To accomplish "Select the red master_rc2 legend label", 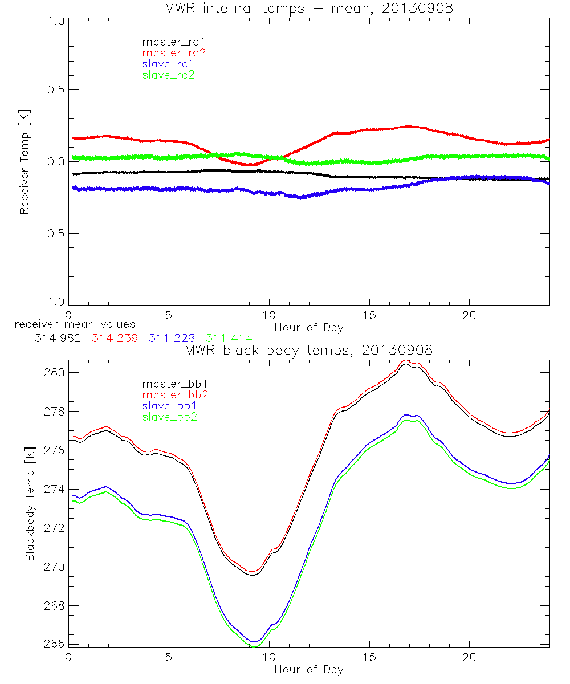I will pyautogui.click(x=174, y=52).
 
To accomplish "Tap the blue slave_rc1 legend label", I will pyautogui.click(x=168, y=63).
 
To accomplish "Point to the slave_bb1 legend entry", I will pyautogui.click(x=168, y=406).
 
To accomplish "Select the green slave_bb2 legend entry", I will pyautogui.click(x=168, y=417).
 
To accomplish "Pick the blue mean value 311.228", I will pyautogui.click(x=174, y=338).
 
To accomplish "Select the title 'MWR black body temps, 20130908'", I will pyautogui.click(x=308, y=351).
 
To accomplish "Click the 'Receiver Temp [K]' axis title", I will pyautogui.click(x=24, y=161).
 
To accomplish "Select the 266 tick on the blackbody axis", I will pyautogui.click(x=54, y=644).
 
